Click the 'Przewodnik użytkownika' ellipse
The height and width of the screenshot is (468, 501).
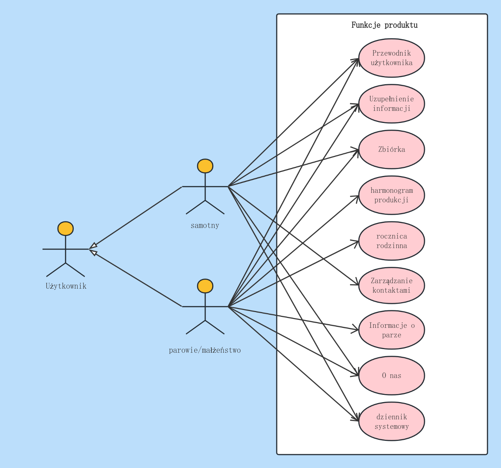[391, 58]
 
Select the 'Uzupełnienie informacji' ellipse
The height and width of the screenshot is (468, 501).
[391, 104]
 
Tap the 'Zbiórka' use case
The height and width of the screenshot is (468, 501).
[391, 149]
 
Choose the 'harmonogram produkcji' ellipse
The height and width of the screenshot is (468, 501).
[391, 195]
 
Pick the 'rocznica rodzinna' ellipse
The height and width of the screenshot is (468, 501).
[391, 241]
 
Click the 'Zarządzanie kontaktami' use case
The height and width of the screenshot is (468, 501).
[391, 286]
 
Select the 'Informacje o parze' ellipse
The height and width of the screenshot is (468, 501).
[391, 330]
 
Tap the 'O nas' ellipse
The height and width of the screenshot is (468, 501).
[391, 375]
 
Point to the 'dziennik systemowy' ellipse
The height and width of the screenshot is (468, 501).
[391, 422]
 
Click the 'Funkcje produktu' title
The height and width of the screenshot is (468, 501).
[384, 25]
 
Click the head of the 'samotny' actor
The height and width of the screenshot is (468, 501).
[205, 166]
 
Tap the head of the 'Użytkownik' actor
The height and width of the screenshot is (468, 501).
[66, 229]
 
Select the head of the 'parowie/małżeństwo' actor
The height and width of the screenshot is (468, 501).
[205, 286]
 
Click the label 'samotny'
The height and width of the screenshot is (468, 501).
[205, 225]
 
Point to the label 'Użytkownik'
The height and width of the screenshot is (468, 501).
[66, 286]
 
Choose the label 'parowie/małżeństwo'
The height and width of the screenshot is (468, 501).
[205, 351]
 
